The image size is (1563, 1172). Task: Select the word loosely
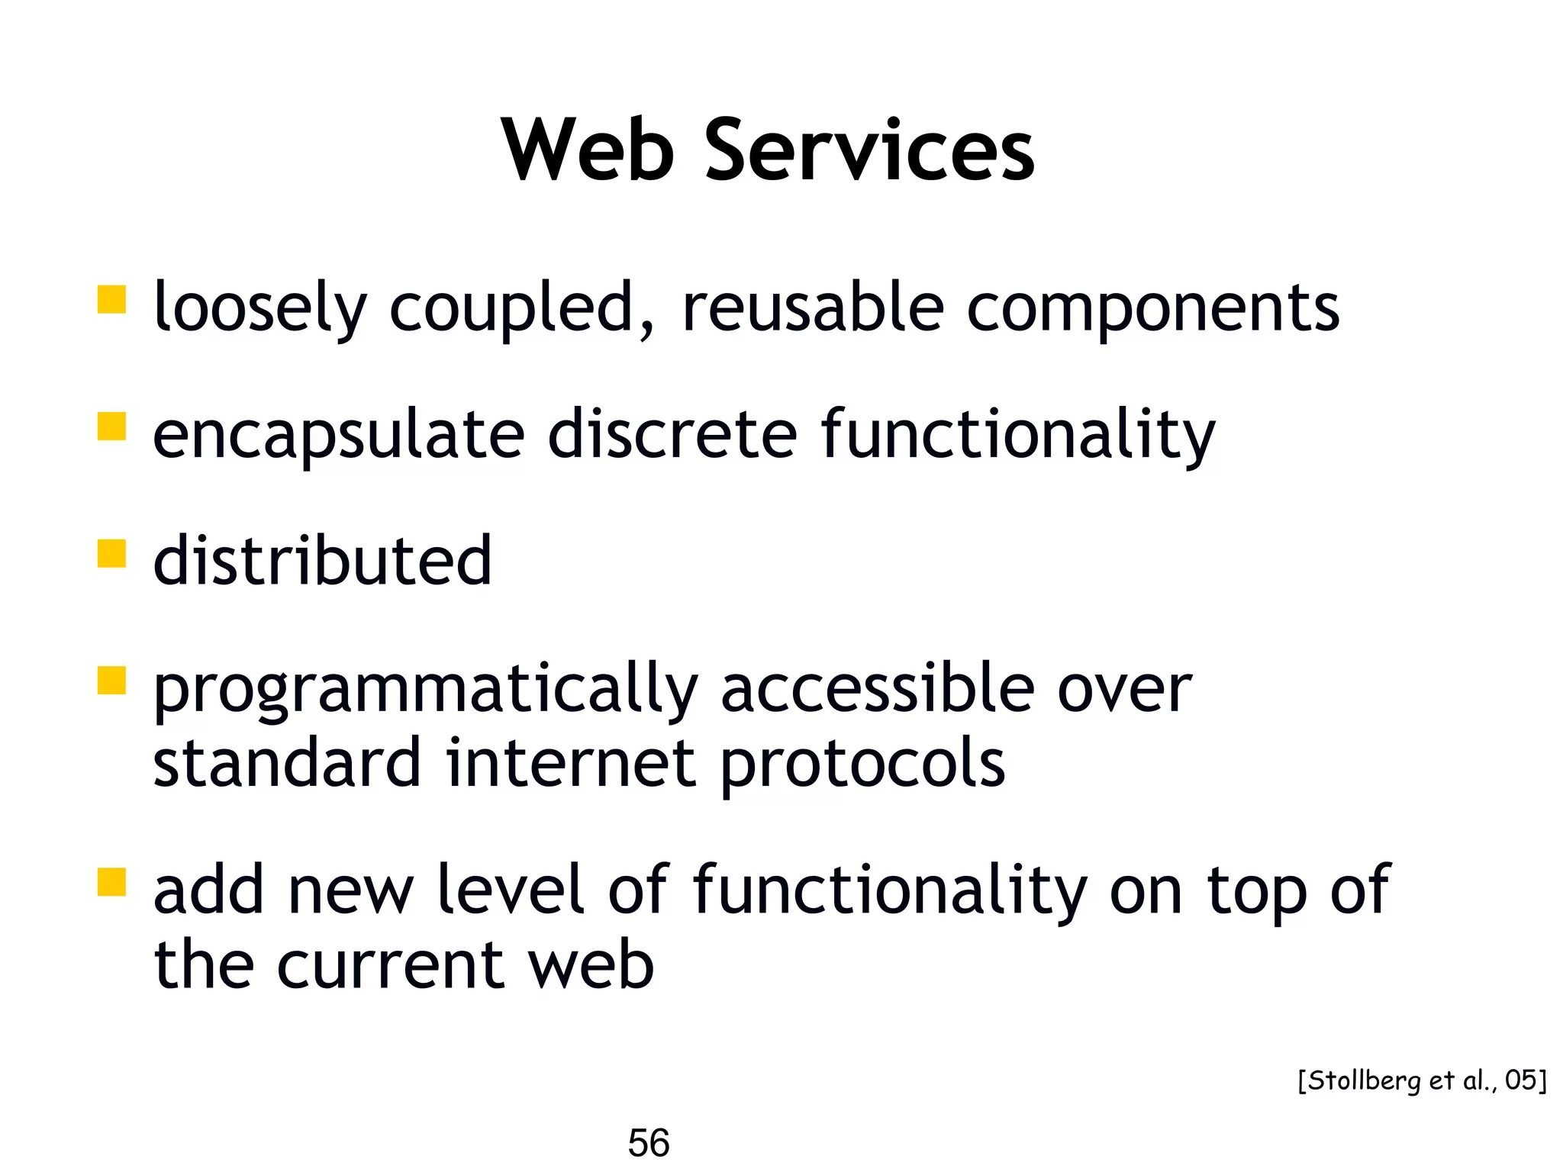260,307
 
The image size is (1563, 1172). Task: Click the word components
1152,309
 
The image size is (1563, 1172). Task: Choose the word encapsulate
339,435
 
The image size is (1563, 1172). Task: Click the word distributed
322,561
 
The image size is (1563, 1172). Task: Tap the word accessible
878,687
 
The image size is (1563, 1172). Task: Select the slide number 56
649,1142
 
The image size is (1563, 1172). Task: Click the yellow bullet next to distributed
111,554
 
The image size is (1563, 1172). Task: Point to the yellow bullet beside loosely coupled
111,300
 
